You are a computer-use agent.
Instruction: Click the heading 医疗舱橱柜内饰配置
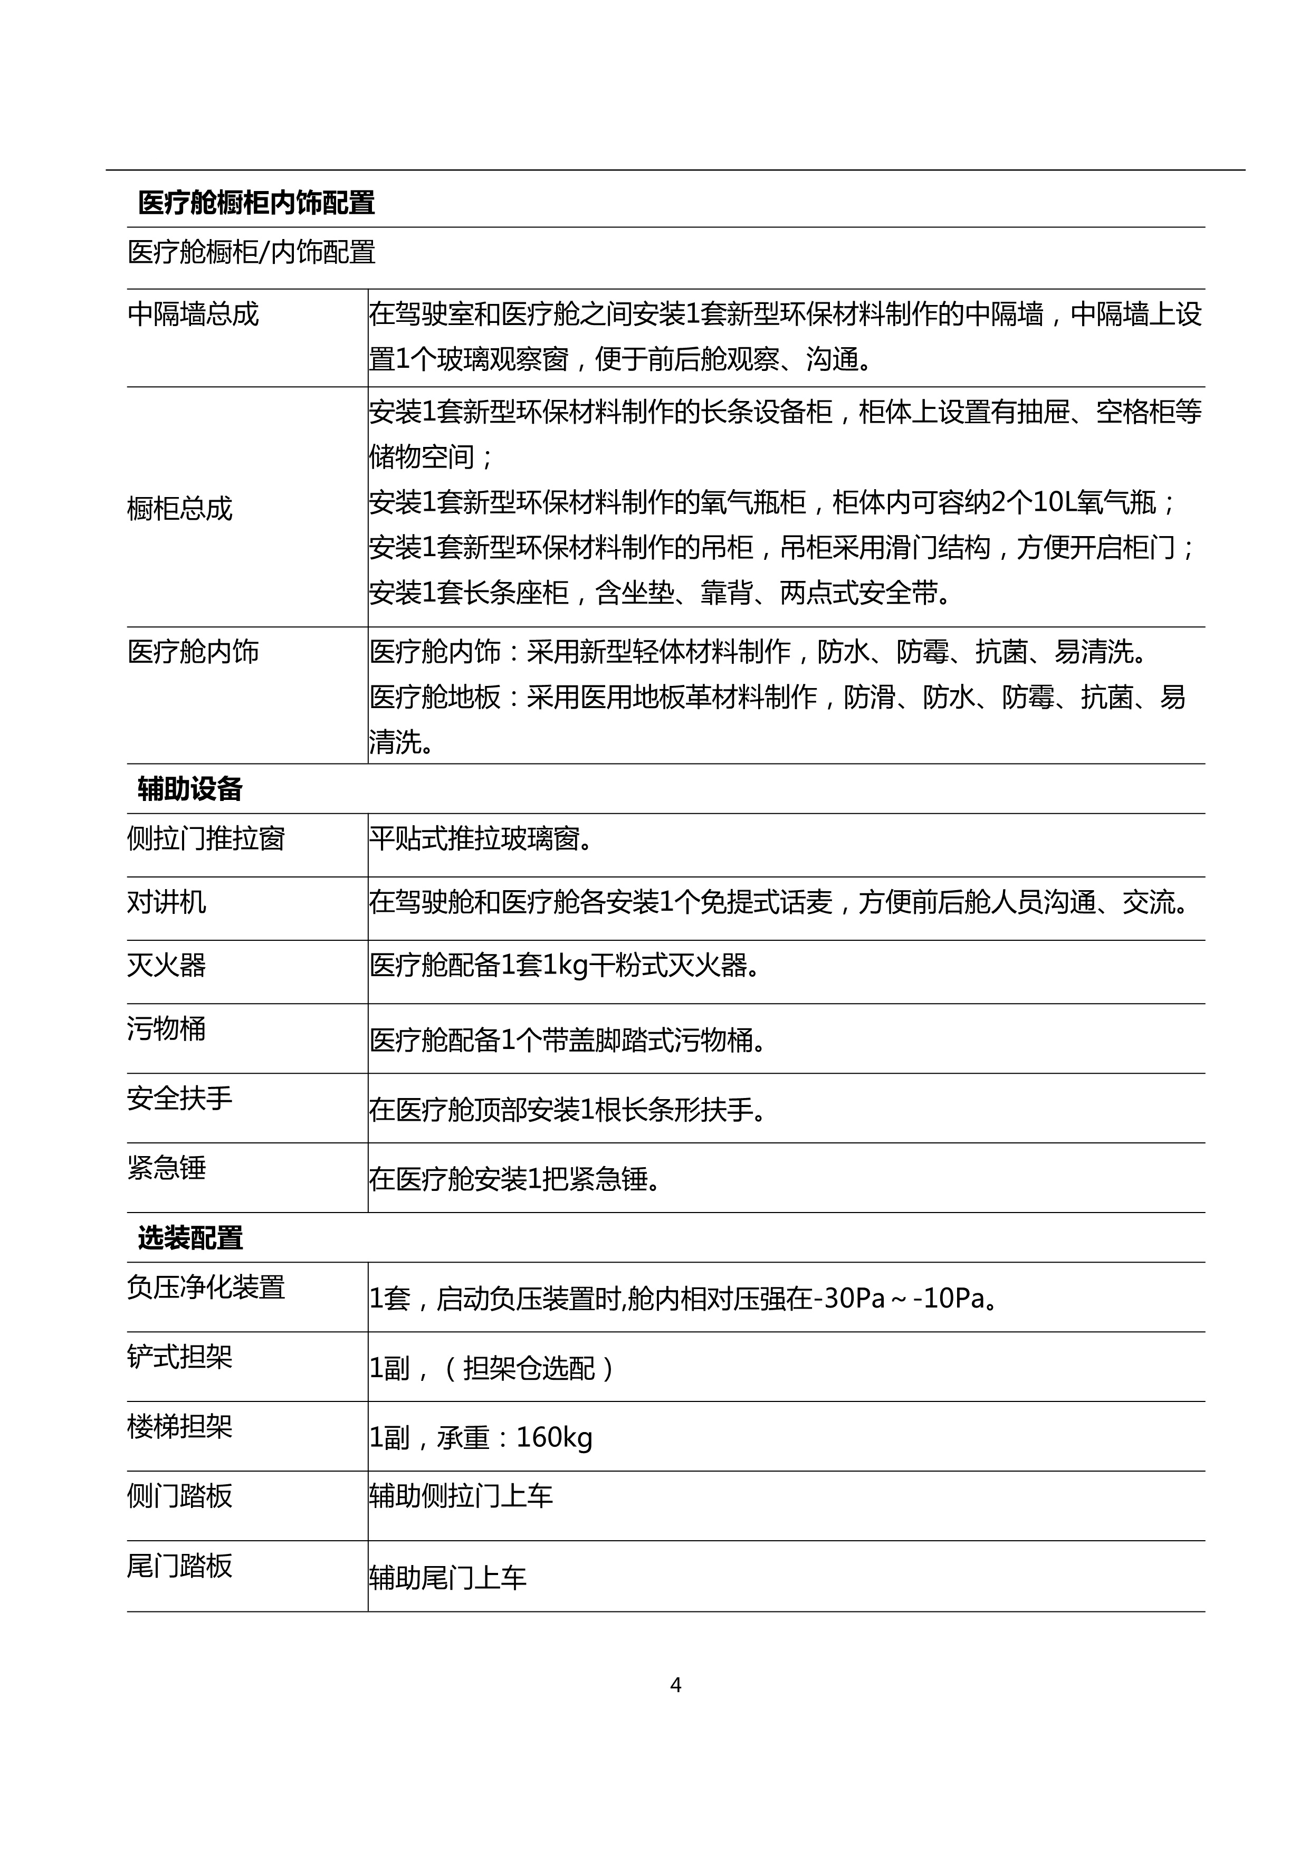click(x=256, y=203)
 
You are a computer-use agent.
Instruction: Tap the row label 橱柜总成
click(x=180, y=509)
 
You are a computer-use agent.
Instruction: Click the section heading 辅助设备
click(x=190, y=789)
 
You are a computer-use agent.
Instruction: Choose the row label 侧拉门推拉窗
click(x=206, y=838)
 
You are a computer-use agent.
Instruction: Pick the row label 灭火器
click(x=166, y=965)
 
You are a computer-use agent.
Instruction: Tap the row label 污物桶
click(x=166, y=1029)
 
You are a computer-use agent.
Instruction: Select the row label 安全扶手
click(x=180, y=1098)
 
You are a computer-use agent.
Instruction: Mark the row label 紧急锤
click(x=166, y=1167)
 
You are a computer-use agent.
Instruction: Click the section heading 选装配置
click(x=190, y=1237)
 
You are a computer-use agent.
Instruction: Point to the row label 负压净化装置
click(x=206, y=1286)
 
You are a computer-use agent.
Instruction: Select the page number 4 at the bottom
click(x=675, y=1685)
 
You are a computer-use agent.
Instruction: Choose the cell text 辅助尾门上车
click(x=447, y=1578)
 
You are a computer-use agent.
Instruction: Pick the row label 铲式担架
click(x=180, y=1357)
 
